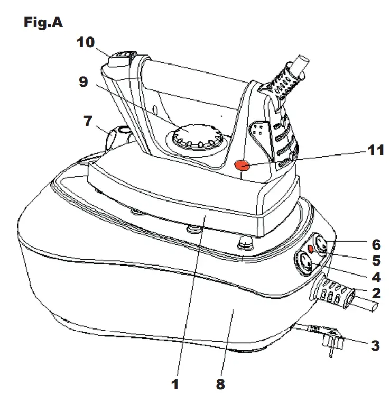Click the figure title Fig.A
click(x=43, y=23)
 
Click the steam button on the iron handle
click(x=120, y=56)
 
